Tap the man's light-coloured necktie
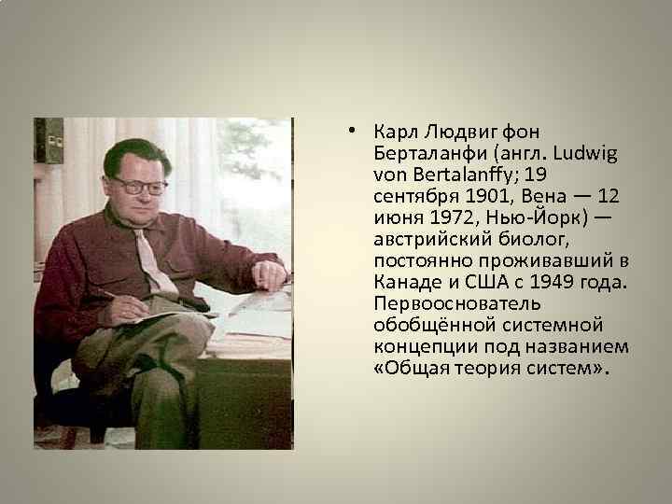pyautogui.click(x=154, y=257)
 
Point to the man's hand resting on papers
pyautogui.click(x=270, y=274)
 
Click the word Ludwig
pyautogui.click(x=578, y=152)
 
